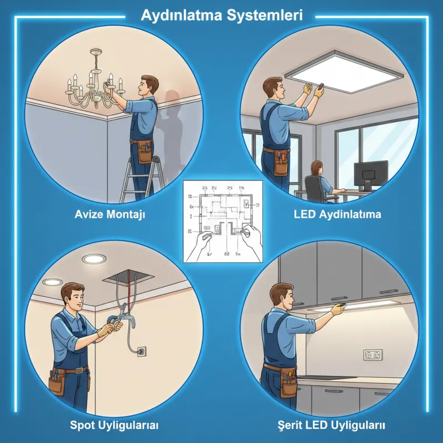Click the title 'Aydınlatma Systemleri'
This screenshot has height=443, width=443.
click(x=221, y=15)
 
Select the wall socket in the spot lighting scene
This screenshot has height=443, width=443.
click(x=140, y=351)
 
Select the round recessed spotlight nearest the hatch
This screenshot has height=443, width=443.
click(x=92, y=259)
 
